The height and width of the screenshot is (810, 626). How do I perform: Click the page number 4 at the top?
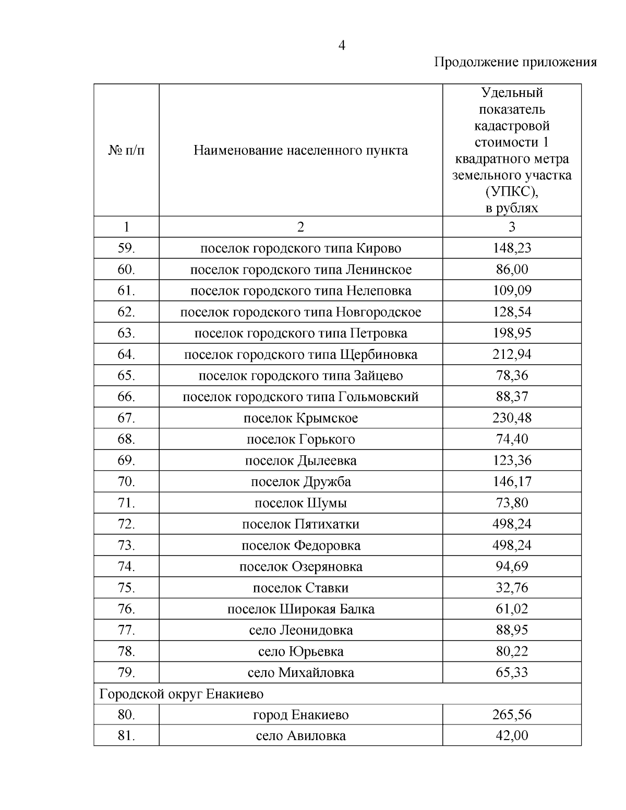tap(342, 46)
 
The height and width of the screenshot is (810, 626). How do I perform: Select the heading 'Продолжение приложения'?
tap(515, 63)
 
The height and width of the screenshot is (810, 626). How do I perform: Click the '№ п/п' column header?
tap(126, 151)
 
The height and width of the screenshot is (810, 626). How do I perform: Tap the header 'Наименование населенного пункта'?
tap(300, 151)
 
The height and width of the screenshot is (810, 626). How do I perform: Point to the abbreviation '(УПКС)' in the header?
tap(511, 192)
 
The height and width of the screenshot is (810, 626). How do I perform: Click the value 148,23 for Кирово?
tap(512, 248)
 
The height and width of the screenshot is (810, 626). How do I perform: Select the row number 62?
tap(126, 312)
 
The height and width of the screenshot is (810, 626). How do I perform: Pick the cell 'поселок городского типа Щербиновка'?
tap(300, 355)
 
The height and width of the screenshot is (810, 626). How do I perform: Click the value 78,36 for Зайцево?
tap(512, 376)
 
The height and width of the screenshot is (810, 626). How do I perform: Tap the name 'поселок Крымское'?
tap(300, 418)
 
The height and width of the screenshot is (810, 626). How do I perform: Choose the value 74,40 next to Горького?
tap(512, 439)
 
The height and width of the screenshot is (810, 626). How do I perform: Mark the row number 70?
tap(126, 481)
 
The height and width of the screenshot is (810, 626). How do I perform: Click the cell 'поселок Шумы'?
tap(300, 503)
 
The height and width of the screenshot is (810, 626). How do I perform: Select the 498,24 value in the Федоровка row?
tap(512, 546)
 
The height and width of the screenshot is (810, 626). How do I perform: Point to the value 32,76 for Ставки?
tap(512, 588)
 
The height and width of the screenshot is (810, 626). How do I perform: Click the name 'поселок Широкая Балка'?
tap(300, 609)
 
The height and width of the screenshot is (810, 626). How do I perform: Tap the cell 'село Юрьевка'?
tap(300, 651)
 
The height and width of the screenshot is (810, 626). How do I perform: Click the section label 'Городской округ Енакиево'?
tap(182, 694)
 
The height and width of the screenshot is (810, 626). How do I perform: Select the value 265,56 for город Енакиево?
tap(512, 715)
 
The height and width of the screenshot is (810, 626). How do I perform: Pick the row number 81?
tap(126, 736)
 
